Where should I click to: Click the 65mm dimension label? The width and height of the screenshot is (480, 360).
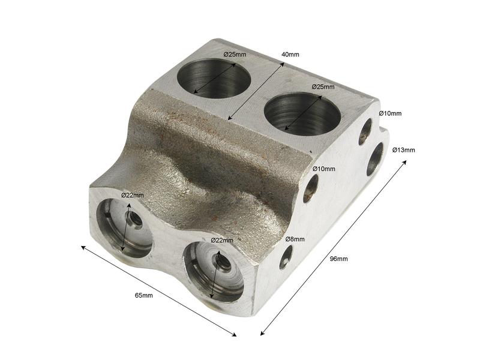tap(143, 295)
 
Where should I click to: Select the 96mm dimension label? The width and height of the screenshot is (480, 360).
tap(339, 259)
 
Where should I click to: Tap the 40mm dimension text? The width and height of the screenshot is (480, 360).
tap(290, 55)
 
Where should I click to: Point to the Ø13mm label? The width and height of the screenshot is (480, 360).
tap(403, 149)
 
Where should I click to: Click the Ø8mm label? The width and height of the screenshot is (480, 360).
tap(295, 239)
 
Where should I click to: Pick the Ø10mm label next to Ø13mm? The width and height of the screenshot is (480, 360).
tap(390, 113)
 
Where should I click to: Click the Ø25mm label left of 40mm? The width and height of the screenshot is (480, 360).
tap(235, 55)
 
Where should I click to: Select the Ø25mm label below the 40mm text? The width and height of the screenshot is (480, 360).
tap(323, 87)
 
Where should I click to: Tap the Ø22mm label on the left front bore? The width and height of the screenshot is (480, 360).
tap(133, 195)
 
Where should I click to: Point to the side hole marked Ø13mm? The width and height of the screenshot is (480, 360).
tap(375, 158)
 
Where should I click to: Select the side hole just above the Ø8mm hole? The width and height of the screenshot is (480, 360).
tap(310, 188)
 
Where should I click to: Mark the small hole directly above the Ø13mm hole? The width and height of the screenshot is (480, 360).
tap(365, 132)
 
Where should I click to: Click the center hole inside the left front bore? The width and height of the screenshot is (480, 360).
tap(136, 220)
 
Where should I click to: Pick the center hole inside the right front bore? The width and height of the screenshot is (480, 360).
tap(221, 262)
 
